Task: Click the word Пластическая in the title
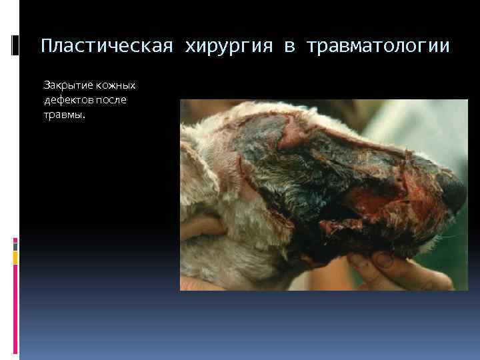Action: coord(106,46)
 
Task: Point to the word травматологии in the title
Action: coord(378,46)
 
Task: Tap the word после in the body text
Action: coord(113,100)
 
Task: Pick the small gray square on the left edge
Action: coord(15,245)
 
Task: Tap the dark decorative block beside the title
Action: coord(15,45)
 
